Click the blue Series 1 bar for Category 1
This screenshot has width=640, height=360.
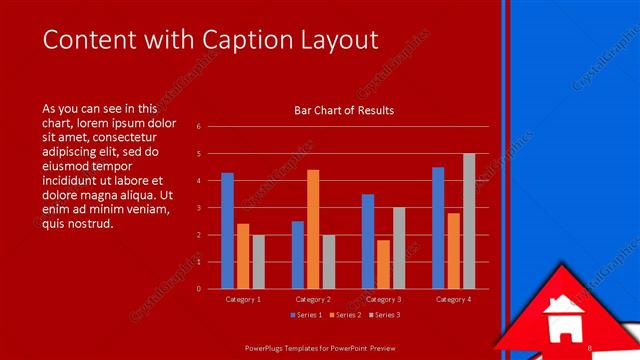click(x=228, y=230)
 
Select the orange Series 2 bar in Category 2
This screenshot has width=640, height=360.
click(x=313, y=229)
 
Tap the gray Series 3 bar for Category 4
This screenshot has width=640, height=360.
click(x=469, y=221)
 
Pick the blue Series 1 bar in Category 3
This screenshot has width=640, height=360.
click(x=368, y=241)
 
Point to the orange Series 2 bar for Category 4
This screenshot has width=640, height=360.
click(x=453, y=250)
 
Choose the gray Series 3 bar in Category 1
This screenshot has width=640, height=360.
click(x=258, y=261)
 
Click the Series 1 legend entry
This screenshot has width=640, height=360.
click(x=307, y=315)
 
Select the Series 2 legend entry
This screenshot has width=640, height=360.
click(x=344, y=315)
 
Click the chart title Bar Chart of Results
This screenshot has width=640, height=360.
click(x=344, y=110)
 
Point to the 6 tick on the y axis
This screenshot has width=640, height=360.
click(x=199, y=127)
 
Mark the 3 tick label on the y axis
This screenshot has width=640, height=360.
click(x=199, y=208)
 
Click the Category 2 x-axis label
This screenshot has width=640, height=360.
click(x=314, y=299)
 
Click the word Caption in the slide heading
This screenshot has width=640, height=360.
click(x=249, y=40)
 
